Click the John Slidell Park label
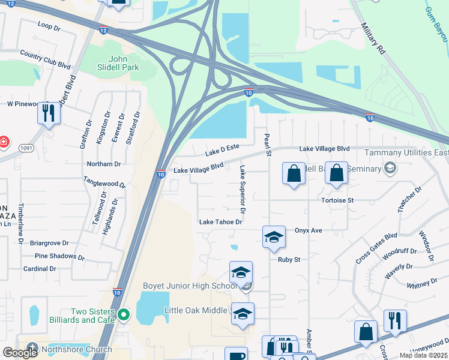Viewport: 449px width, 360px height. [x=124, y=63]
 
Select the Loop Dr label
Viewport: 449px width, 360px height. [x=49, y=26]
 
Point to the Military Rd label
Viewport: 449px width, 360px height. [x=373, y=39]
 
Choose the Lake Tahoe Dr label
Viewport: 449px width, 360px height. [x=220, y=222]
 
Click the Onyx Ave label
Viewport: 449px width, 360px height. [x=309, y=230]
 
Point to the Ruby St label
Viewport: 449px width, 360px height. [x=288, y=260]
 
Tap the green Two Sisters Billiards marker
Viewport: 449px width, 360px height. [x=124, y=314]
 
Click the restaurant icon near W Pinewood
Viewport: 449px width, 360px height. [x=49, y=112]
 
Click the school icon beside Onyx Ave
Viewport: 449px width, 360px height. [x=273, y=236]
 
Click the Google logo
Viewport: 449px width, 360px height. [x=20, y=352]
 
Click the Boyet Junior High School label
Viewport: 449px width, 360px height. [x=190, y=286]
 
